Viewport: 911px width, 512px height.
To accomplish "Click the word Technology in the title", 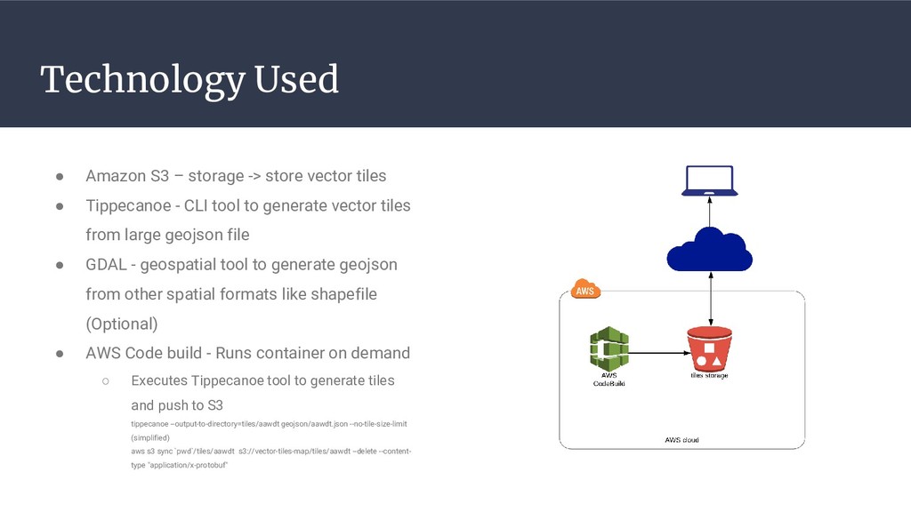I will (142, 81).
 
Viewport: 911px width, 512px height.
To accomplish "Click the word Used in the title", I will (296, 79).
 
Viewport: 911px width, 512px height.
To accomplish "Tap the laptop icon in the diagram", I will (709, 180).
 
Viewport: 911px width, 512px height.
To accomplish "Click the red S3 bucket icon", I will (709, 348).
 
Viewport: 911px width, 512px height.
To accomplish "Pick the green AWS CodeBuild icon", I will (609, 349).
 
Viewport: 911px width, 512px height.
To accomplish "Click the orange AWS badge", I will (584, 290).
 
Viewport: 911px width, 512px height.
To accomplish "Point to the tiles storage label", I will (709, 376).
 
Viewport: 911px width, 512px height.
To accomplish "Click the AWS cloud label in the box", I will (682, 440).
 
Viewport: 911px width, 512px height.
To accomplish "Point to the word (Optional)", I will (121, 324).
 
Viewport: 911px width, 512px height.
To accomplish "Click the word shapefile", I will (343, 294).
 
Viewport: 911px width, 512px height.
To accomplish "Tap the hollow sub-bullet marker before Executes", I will (105, 381).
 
